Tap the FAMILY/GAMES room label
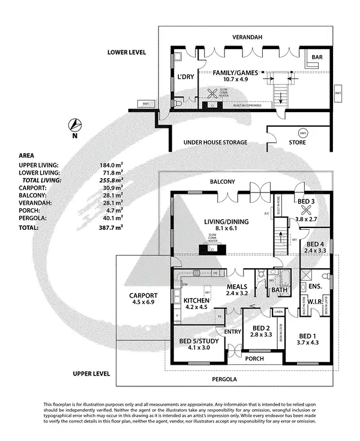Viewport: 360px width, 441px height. pos(235,73)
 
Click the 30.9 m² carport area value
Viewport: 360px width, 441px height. pos(112,188)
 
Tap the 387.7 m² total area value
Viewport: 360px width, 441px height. pos(112,228)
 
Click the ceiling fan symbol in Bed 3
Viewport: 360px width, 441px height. pos(307,211)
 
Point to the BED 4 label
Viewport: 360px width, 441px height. pos(315,244)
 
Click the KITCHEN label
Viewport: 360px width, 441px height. pos(196,300)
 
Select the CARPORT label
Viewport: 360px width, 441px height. pos(143,296)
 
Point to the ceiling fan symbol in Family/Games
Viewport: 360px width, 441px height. pos(212,94)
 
